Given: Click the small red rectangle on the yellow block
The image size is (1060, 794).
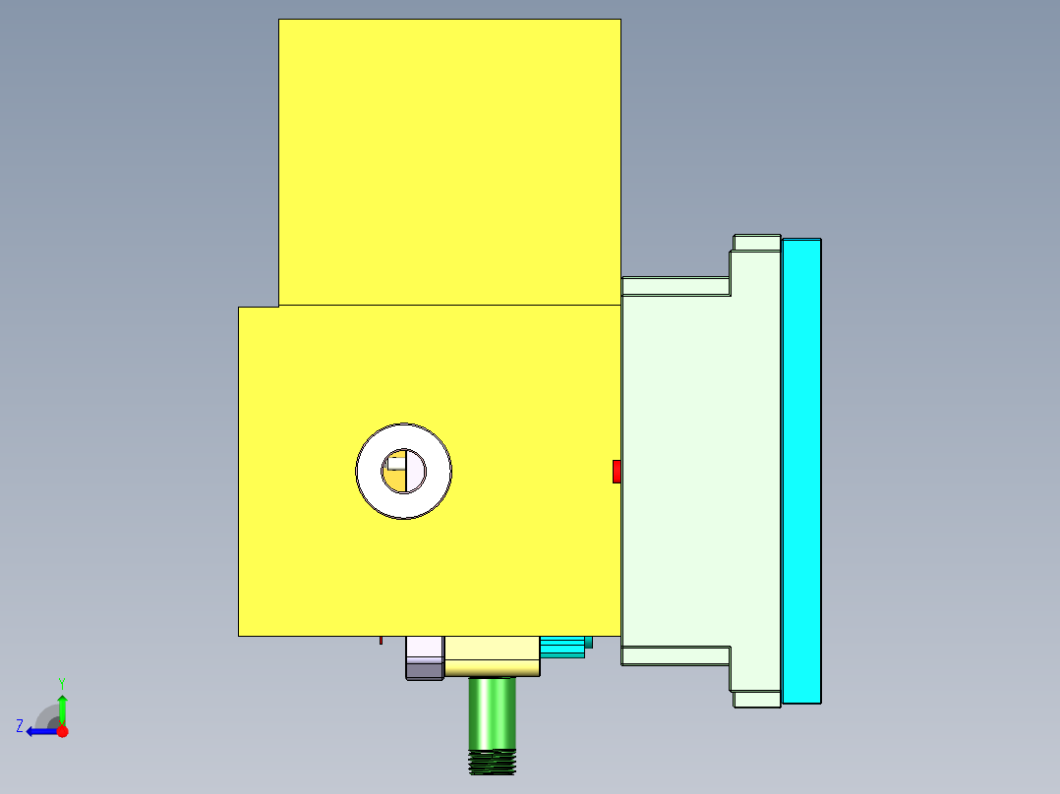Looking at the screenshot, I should tap(617, 472).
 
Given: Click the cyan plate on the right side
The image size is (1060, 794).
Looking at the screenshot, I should tap(801, 471).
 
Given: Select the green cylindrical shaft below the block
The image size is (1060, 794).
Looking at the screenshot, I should tap(492, 712).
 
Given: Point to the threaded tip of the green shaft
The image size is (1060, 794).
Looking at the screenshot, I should tap(493, 763).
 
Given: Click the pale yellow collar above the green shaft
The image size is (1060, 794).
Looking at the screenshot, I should tap(492, 656).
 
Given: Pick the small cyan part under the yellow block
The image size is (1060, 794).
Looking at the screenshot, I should tap(562, 646).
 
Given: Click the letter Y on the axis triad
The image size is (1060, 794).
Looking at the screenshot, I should tap(61, 682).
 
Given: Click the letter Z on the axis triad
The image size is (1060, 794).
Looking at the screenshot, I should tap(20, 726).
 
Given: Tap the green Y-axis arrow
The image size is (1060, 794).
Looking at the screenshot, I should tap(62, 708).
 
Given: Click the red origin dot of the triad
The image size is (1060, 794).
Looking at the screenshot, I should tap(62, 731).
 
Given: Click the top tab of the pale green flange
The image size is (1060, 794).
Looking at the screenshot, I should tap(757, 243).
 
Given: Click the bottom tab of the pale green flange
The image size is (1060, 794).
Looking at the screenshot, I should tap(757, 699).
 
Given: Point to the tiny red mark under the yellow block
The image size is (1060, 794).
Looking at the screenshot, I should tap(382, 641).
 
